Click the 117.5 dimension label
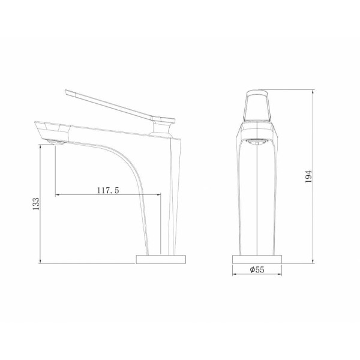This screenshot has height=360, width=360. pos(108,190)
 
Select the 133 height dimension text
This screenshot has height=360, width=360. pos(36,203)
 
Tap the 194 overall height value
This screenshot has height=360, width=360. pos(308,176)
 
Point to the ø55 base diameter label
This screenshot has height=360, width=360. pos(257,269)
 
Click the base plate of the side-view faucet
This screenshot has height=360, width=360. pos(161,259)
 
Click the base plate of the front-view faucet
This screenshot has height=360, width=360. pos(257,259)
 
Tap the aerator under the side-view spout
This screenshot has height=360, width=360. pos(56,142)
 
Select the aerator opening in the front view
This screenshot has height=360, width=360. pos(257,142)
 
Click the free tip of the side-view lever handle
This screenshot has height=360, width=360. pos(66,92)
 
